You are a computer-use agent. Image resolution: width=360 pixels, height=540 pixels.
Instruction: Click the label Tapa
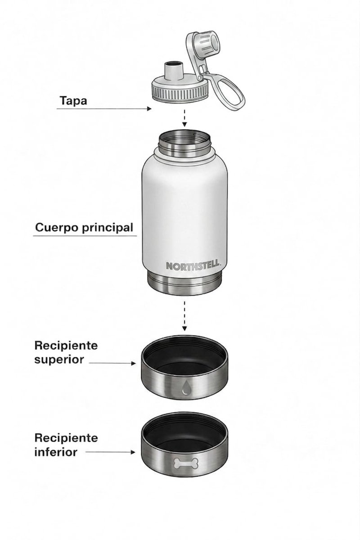pyautogui.click(x=73, y=100)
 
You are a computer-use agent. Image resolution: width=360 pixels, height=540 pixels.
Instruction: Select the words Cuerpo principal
pyautogui.click(x=84, y=228)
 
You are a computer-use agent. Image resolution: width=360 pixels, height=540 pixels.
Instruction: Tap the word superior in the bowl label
pyautogui.click(x=59, y=360)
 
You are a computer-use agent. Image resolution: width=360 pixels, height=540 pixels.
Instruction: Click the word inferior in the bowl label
pyautogui.click(x=56, y=452)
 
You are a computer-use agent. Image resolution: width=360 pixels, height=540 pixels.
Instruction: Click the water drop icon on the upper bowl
pyautogui.click(x=185, y=387)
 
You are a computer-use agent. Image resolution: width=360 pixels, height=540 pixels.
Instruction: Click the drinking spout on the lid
pyautogui.click(x=173, y=72)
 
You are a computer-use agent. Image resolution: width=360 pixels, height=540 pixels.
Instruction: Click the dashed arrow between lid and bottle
pyautogui.click(x=184, y=118)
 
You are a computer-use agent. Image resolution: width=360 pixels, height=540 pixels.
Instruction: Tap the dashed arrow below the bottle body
pyautogui.click(x=184, y=316)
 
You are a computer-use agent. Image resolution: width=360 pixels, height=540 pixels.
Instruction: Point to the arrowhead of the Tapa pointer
pyautogui.click(x=149, y=109)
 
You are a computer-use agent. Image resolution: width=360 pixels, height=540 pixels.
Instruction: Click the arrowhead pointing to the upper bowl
pyautogui.click(x=133, y=363)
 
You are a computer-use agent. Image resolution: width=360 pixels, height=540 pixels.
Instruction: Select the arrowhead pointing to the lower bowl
pyautogui.click(x=133, y=452)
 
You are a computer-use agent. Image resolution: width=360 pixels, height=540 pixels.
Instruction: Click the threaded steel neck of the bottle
pyautogui.click(x=184, y=144)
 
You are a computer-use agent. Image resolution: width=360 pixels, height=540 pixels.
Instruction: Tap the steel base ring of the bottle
pyautogui.click(x=184, y=284)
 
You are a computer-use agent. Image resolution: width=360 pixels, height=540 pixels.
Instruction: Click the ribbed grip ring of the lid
pyautogui.click(x=180, y=94)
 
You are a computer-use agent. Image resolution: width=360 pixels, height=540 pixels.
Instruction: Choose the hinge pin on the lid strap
pyautogui.click(x=199, y=77)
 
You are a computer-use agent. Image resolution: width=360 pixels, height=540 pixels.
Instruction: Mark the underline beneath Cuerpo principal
pyautogui.click(x=85, y=236)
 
